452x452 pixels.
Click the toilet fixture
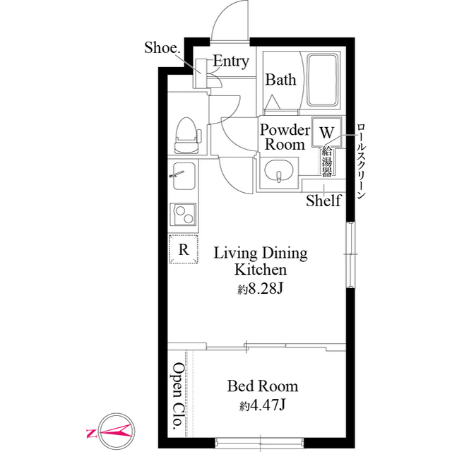coord(187,135)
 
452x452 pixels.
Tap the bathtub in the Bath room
coord(322,80)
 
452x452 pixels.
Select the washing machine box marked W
coord(326,132)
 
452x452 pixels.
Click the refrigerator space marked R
coord(184,249)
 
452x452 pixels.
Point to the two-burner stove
coord(184,214)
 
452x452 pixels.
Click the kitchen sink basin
coord(184,176)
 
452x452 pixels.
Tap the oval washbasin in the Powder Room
coord(279,171)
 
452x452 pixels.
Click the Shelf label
coord(323,201)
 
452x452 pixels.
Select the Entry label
coord(231,61)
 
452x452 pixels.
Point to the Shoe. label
coord(162,47)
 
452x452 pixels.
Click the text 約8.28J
coord(260,289)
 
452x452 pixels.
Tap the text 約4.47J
coord(262,406)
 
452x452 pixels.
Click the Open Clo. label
coord(177,396)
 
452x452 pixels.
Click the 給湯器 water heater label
coord(326,161)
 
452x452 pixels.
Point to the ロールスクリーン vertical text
coord(361,162)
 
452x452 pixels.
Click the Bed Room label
coord(263,386)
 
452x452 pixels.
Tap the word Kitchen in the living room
coord(261,270)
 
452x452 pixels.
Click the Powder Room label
coord(285,137)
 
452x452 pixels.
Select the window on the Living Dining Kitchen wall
coord(350,254)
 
